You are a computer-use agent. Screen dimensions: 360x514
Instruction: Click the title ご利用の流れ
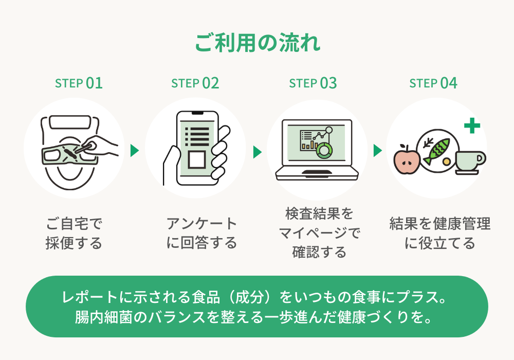click(257, 43)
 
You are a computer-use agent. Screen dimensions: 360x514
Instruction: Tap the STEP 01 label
click(79, 83)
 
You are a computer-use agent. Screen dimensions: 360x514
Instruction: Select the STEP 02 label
click(195, 83)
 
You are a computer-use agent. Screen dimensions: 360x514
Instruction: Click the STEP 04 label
click(433, 83)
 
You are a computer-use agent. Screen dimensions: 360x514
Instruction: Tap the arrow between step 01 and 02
click(135, 151)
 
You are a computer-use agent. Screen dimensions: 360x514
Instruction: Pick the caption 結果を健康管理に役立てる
click(439, 233)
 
